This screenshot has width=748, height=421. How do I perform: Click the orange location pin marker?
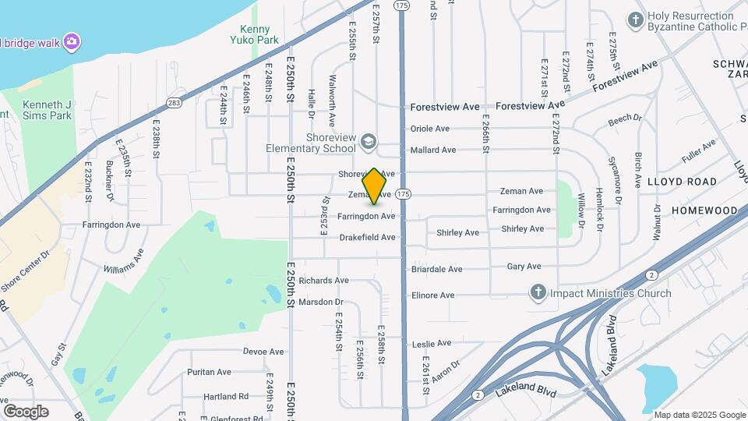pos(375,186)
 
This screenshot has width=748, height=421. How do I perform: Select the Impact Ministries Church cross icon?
pos(538,293)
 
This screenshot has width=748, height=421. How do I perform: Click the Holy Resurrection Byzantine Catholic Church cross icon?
pos(636,19)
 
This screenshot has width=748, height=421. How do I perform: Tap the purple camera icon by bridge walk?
pos(72,41)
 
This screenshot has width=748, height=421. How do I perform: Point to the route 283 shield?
pos(173,102)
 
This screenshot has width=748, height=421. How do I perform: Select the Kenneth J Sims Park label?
pos(47,110)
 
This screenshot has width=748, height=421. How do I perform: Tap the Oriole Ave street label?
pos(430,129)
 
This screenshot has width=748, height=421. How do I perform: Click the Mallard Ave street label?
pos(432,150)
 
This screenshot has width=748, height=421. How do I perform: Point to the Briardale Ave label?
pos(436,270)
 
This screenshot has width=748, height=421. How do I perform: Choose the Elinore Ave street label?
pos(432,295)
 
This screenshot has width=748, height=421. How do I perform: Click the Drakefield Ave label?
pos(367,237)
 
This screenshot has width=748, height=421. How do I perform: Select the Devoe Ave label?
pos(263,352)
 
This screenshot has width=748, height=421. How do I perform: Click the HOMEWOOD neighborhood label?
pos(704,210)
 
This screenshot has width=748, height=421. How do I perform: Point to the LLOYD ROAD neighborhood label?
pos(681,182)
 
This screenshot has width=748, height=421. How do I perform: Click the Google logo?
pos(26,411)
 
